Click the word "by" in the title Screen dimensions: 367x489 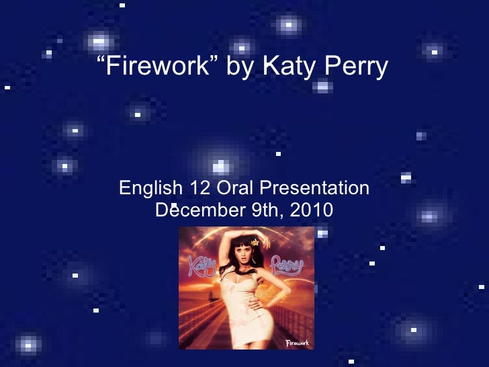[240, 67]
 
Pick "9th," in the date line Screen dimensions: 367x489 [267, 210]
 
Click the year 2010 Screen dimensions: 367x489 [311, 210]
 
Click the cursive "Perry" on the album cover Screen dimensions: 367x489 [287, 264]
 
